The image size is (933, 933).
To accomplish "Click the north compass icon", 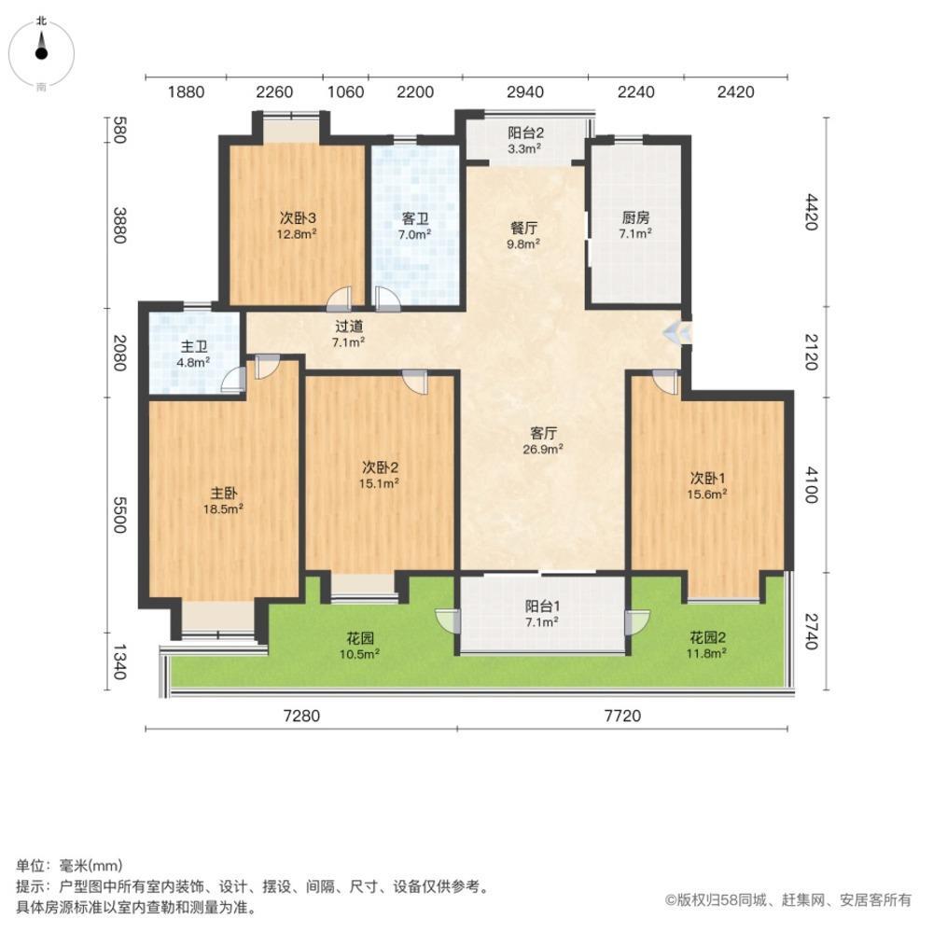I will pos(41,51).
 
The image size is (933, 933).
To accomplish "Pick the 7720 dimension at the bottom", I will pos(622,716).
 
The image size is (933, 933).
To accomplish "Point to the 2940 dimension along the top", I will pos(524,91).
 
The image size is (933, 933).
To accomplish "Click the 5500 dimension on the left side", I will pos(119,514).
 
